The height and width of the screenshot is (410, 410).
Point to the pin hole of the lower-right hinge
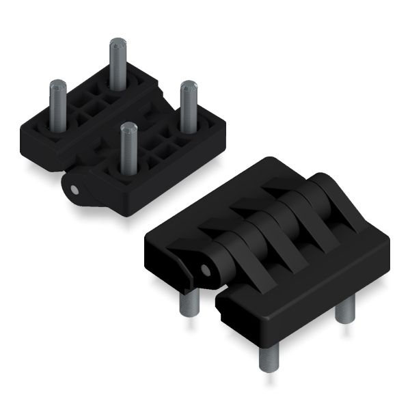click(204, 269)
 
